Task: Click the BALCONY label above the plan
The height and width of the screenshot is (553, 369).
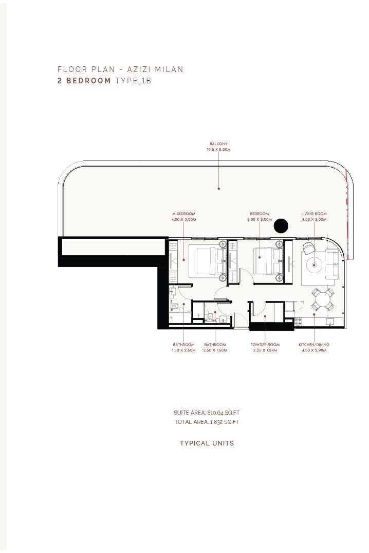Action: [x=218, y=144]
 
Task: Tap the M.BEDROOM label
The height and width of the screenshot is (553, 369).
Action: [x=183, y=213]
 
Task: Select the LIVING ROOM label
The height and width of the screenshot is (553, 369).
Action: [x=313, y=213]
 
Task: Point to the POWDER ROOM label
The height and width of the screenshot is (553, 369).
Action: [x=265, y=345]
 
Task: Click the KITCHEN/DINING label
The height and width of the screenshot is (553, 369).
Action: [x=314, y=345]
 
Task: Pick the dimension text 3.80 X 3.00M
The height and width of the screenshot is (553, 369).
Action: [x=260, y=219]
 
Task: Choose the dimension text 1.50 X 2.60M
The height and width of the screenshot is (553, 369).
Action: [x=183, y=350]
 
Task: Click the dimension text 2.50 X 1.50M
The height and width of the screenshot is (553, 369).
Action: [x=215, y=350]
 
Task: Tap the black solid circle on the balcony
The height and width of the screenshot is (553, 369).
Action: [x=281, y=226]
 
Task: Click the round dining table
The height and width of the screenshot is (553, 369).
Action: [x=322, y=300]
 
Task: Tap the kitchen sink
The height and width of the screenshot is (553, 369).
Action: [x=330, y=322]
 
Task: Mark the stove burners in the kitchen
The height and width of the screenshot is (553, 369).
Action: [x=298, y=322]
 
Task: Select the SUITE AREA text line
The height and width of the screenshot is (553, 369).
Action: [x=207, y=412]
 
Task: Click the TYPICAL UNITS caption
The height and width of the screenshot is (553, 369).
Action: [x=207, y=443]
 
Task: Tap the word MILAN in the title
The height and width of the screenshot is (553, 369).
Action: [x=169, y=69]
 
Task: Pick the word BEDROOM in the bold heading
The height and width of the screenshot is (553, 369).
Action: [x=88, y=80]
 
